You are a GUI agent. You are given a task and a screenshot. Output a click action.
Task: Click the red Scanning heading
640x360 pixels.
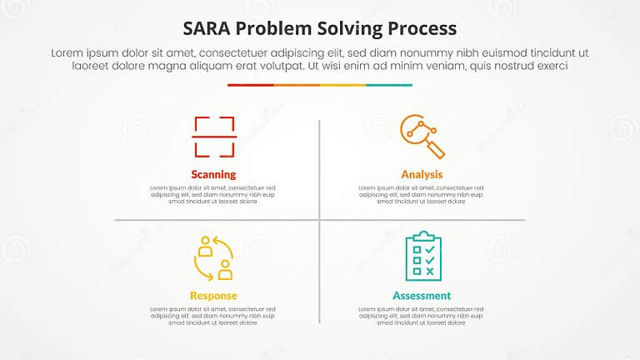click(213, 175)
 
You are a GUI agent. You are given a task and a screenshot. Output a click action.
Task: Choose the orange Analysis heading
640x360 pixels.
click(422, 175)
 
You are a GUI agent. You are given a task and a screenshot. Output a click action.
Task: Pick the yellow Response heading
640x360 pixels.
click(213, 296)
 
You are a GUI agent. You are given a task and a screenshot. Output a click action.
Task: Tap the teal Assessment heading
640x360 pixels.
click(422, 296)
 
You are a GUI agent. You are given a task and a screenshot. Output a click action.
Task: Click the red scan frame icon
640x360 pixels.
click(214, 137)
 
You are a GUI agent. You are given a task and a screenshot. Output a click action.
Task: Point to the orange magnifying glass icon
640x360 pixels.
click(422, 136)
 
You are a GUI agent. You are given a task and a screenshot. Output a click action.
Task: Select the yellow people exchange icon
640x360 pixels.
click(213, 257)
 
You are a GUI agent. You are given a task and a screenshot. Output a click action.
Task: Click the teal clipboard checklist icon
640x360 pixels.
click(422, 257)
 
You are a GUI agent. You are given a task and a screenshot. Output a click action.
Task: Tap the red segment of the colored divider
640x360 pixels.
click(250, 85)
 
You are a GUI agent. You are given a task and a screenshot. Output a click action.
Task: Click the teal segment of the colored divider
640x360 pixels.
click(389, 85)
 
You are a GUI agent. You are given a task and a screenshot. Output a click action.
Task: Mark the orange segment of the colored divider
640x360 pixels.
click(297, 85)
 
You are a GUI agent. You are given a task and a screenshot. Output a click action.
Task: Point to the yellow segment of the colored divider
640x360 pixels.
click(342, 85)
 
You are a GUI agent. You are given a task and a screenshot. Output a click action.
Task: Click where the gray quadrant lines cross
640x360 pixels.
click(319, 220)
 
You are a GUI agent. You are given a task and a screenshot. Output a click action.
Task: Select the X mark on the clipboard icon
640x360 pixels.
click(429, 272)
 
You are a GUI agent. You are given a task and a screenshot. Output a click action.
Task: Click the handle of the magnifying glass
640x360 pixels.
click(437, 150)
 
